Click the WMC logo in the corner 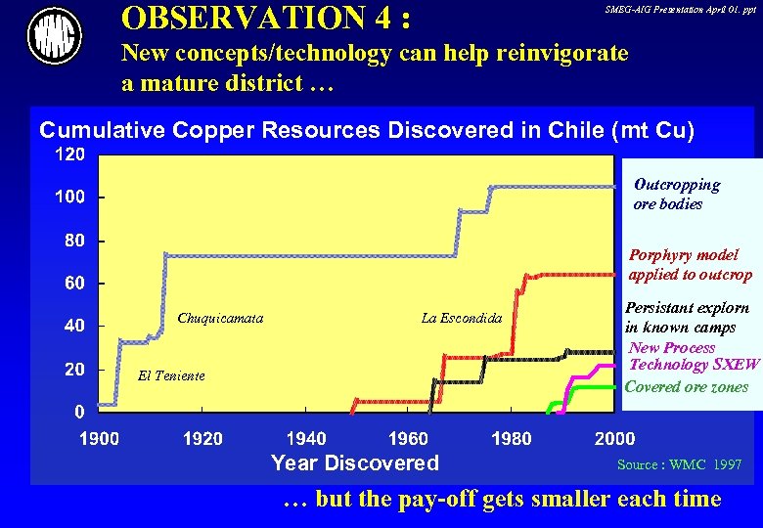[54, 36]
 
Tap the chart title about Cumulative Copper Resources [366, 130]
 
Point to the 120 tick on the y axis [68, 154]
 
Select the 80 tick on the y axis [74, 241]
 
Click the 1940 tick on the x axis [307, 438]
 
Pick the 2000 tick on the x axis [614, 438]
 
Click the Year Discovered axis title [354, 462]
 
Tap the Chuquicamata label [220, 318]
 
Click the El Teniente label [171, 375]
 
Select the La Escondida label [461, 318]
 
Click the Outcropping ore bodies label [676, 194]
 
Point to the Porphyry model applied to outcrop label [690, 264]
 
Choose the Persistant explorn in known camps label [687, 317]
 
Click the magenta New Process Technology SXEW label [694, 356]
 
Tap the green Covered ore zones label [686, 387]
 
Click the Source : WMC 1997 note [679, 464]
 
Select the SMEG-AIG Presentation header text [681, 9]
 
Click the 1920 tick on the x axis [202, 438]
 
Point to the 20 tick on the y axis [74, 370]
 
